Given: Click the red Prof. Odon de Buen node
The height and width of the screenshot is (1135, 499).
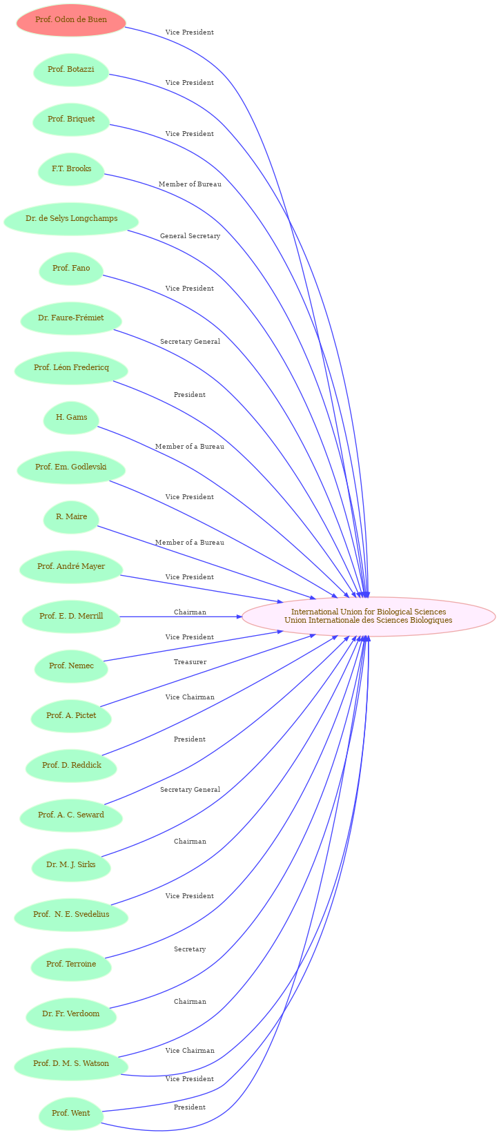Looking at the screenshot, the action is [71, 20].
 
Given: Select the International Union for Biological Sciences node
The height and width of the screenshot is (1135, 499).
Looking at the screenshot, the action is [369, 616].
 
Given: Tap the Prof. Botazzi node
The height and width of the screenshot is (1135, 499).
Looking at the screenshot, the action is [71, 70].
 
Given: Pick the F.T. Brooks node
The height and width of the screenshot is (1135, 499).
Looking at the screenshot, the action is [71, 168].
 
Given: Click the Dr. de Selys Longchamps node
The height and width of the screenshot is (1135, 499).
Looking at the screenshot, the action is [71, 218].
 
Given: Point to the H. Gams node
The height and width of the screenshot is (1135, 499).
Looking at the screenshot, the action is [71, 417].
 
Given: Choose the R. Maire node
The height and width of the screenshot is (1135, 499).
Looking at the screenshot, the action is [71, 516].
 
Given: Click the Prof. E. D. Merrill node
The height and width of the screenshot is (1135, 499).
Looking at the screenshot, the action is [71, 616].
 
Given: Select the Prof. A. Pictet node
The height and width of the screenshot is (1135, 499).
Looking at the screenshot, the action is [71, 715].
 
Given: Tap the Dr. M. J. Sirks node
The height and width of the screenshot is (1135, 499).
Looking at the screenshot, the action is [71, 864].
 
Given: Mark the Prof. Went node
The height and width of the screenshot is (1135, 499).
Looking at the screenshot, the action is [71, 1113].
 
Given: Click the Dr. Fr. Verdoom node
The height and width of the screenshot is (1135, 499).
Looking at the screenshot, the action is [71, 1013].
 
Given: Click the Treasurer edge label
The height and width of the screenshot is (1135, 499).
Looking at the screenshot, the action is [190, 662].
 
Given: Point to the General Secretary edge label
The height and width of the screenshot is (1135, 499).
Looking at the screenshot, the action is [190, 236].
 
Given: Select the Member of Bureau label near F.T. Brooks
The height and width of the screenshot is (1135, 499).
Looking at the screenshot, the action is [190, 184].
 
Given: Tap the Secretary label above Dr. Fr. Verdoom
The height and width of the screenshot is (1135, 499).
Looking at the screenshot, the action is [190, 949].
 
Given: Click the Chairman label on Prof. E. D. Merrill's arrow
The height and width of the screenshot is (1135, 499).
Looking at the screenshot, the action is [190, 612].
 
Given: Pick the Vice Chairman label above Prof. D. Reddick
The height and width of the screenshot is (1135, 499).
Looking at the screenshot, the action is [190, 697].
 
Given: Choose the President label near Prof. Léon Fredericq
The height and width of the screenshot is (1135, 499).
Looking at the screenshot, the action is [190, 395].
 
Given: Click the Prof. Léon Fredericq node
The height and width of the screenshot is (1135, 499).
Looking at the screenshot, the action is [71, 367].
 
